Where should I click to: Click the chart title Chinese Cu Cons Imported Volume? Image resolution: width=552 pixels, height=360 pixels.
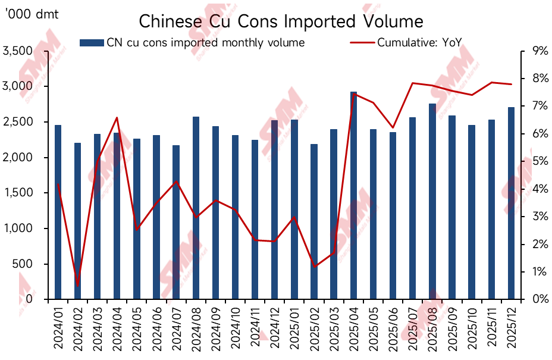pyautogui.click(x=281, y=21)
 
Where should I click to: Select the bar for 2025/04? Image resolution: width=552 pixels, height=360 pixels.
pyautogui.click(x=353, y=196)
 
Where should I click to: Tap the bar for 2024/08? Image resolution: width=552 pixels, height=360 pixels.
pyautogui.click(x=196, y=208)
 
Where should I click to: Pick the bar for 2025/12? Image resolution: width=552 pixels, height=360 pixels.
pyautogui.click(x=511, y=202)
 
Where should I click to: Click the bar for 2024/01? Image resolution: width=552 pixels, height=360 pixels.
pyautogui.click(x=58, y=212)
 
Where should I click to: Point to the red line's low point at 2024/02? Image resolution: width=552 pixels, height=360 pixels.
pyautogui.click(x=77, y=285)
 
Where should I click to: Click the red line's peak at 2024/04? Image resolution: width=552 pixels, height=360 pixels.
pyautogui.click(x=117, y=118)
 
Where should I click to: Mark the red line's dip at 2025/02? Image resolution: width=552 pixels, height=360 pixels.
pyautogui.click(x=314, y=266)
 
